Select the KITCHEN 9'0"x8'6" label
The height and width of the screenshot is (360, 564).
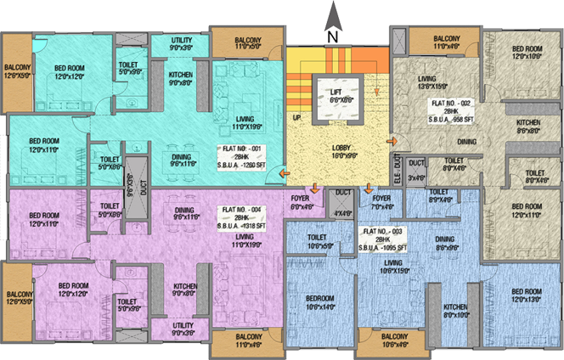[x=181, y=78]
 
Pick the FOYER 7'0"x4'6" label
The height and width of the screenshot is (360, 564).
[x=381, y=202]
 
